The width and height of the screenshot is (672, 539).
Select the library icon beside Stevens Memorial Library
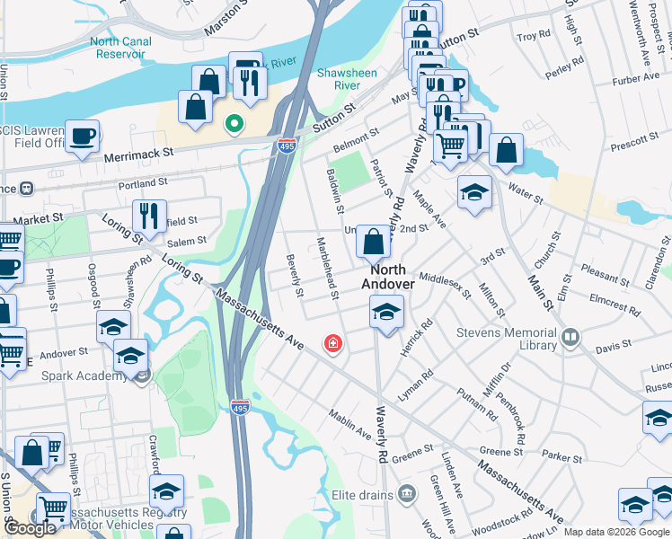(x=570, y=339)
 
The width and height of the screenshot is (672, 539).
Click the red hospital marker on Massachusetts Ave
(x=333, y=343)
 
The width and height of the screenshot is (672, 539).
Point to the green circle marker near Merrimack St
(x=234, y=124)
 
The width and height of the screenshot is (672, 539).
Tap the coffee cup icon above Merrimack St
(x=82, y=137)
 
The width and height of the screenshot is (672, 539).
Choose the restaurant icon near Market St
(x=146, y=216)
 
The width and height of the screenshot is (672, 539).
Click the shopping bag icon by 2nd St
(x=373, y=241)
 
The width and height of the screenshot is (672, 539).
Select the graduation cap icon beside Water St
(x=474, y=191)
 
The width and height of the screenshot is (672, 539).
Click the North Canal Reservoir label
(x=117, y=48)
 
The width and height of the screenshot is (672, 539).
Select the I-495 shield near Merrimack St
(x=286, y=145)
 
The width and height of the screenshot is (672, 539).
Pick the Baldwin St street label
(x=335, y=191)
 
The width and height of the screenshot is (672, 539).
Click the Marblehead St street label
(x=327, y=269)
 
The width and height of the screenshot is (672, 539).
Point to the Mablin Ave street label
(x=349, y=424)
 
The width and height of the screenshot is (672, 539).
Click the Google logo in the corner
(x=31, y=529)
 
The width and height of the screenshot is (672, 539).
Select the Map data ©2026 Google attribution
(x=616, y=532)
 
